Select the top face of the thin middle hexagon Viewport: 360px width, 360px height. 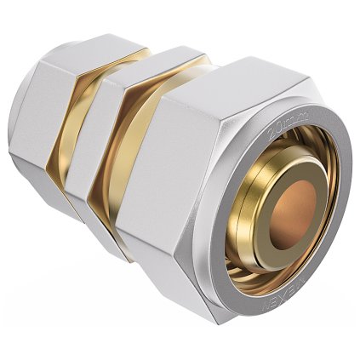[x=145, y=68]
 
